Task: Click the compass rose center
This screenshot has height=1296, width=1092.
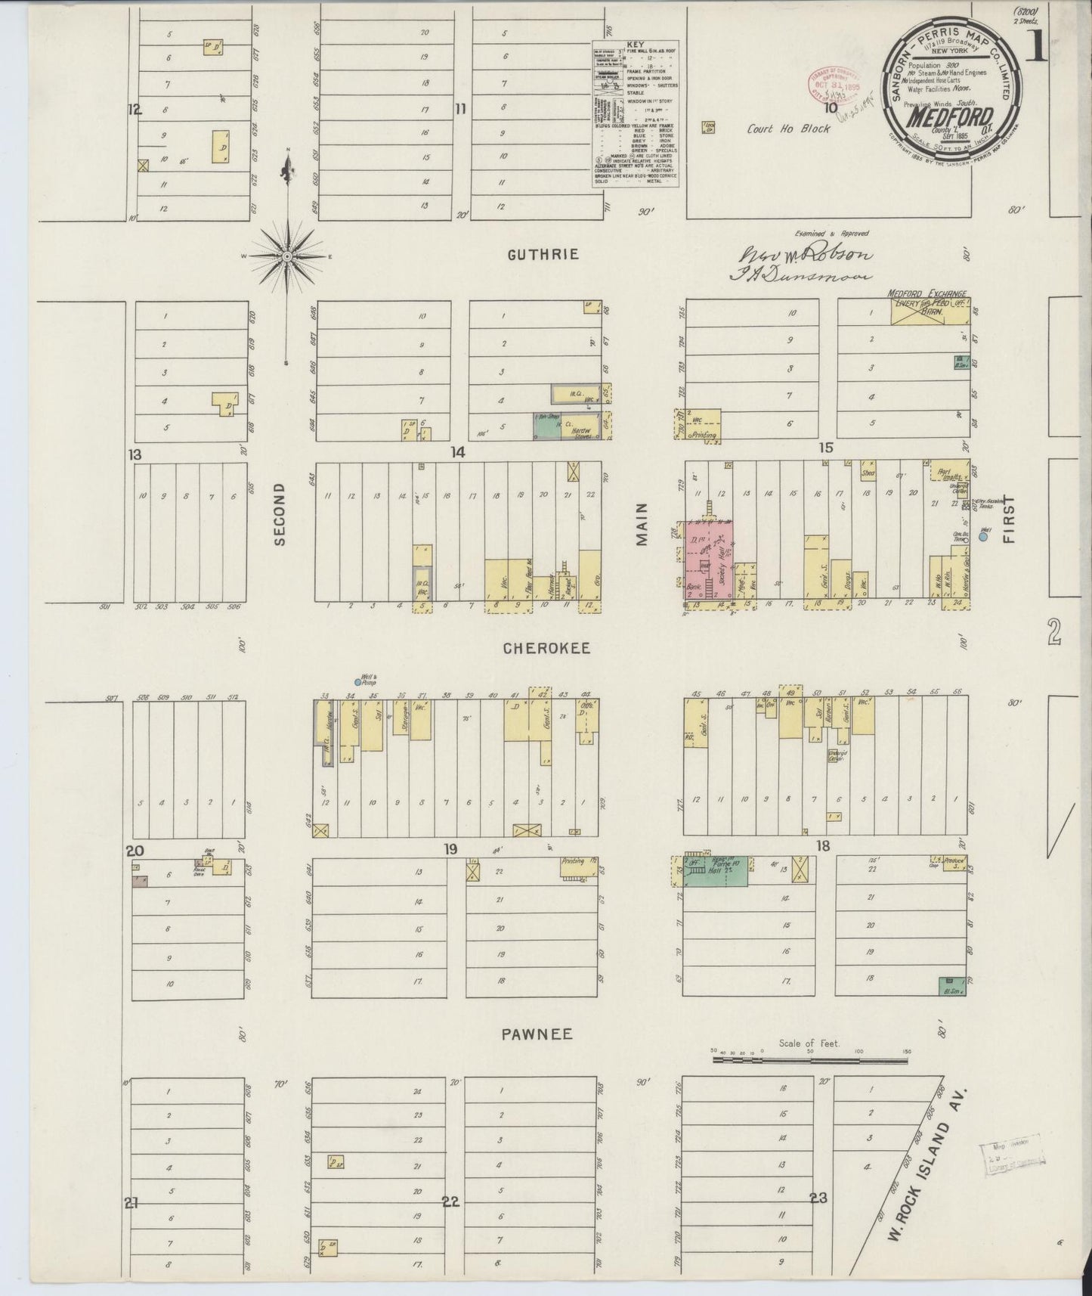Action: pyautogui.click(x=287, y=257)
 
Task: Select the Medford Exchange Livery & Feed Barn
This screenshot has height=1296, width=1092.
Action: pyautogui.click(x=930, y=310)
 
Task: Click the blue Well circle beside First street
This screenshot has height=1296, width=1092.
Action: pyautogui.click(x=983, y=537)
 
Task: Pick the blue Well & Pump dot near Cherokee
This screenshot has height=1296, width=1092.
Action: pyautogui.click(x=358, y=682)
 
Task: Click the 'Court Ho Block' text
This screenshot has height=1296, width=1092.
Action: pyautogui.click(x=788, y=129)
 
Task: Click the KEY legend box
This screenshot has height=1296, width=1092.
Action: pyautogui.click(x=635, y=113)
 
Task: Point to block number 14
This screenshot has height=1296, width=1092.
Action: pyautogui.click(x=456, y=452)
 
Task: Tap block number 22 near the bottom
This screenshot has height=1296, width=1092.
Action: pyautogui.click(x=450, y=1201)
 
